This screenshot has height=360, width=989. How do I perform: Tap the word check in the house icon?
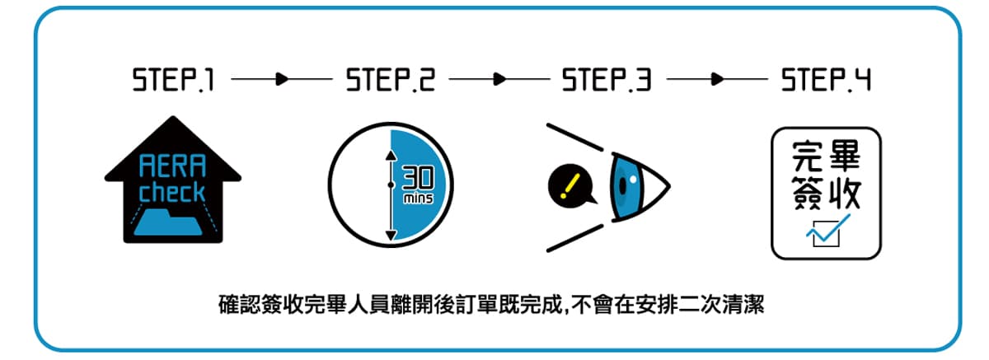pos(172,193)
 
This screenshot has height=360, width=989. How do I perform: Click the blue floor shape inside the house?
pos(173,222)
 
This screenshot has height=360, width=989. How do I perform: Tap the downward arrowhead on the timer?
pos(391,235)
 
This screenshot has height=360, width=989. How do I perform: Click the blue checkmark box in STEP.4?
pos(824,232)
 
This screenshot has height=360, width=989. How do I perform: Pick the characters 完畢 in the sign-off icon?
pos(826,157)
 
